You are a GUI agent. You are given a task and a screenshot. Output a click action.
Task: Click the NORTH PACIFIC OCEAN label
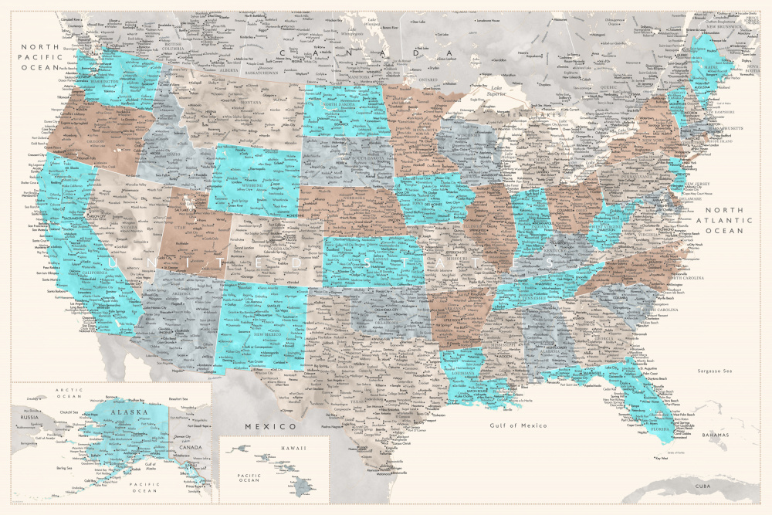(x=38, y=57)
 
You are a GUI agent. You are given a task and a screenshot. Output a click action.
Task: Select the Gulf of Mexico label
(x=518, y=425)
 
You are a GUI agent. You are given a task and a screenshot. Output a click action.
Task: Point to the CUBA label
(x=702, y=486)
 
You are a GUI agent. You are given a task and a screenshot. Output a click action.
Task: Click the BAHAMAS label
(x=714, y=435)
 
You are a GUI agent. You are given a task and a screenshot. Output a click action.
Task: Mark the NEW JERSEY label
(x=697, y=183)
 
